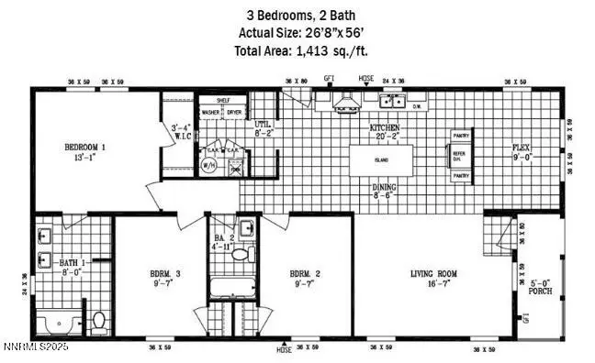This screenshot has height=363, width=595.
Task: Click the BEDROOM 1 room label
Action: pyautogui.click(x=84, y=148)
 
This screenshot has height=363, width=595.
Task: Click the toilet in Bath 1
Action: pyautogui.click(x=98, y=320)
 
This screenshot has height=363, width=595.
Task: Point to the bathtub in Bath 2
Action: pyautogui.click(x=234, y=291)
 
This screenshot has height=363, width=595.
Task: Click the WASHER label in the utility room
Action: pyautogui.click(x=210, y=113)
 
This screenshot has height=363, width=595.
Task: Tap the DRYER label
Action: pyautogui.click(x=234, y=113)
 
